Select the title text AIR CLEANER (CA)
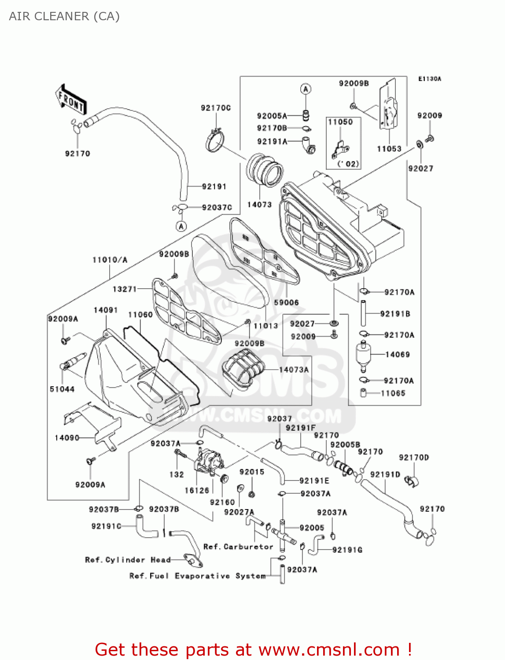tap(64, 16)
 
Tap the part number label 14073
tap(259, 205)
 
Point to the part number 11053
tap(389, 149)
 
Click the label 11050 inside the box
tap(340, 122)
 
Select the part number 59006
tap(286, 303)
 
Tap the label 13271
tap(125, 289)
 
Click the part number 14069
tap(397, 355)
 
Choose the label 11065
tap(393, 393)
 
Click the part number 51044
tap(62, 389)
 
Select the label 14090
tap(67, 438)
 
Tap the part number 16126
tap(197, 491)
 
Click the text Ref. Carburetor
tap(238, 547)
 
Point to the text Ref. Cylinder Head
tap(128, 560)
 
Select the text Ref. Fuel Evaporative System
tap(198, 576)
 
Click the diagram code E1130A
tap(429, 79)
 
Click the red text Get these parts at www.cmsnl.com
tap(253, 649)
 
